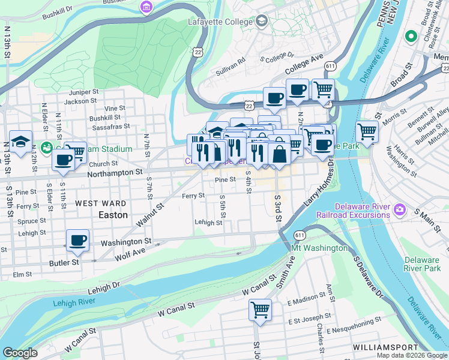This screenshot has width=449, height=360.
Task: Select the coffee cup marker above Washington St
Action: coord(77,241)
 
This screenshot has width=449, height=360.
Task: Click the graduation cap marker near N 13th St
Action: coord(20,142)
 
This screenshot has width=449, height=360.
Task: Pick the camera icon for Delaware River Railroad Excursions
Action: coord(400,211)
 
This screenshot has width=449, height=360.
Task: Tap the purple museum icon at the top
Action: coord(146,7)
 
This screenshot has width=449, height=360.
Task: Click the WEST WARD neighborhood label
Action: coord(100,203)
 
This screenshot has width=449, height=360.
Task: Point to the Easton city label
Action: coord(113,214)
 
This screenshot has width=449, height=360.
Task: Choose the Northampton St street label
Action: coord(115,172)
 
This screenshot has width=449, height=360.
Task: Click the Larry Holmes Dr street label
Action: coord(318,192)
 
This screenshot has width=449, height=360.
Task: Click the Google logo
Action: coord(20,353)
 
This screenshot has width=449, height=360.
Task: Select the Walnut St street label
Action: coord(152,216)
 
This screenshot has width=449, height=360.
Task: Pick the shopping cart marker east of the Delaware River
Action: coord(366,131)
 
